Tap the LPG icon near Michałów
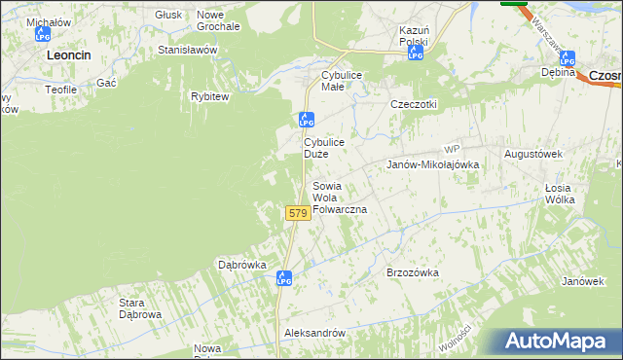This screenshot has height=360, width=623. click(42, 35)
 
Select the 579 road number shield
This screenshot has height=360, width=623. click(298, 212)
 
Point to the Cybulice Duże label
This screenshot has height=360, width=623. click(323, 148)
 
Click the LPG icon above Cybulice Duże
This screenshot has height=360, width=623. click(306, 121)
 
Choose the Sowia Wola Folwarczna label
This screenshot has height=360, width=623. click(339, 198)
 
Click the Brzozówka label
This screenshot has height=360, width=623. click(413, 273)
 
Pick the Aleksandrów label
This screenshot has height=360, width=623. click(314, 333)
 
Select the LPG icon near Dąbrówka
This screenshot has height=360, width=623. click(284, 278)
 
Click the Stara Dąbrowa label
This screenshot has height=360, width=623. click(139, 308)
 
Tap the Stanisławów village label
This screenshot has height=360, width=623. click(188, 50)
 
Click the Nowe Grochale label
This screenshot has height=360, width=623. click(218, 20)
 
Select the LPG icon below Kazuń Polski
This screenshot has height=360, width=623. click(416, 54)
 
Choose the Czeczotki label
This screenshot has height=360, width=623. click(414, 104)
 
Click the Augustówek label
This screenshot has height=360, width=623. click(534, 154)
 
